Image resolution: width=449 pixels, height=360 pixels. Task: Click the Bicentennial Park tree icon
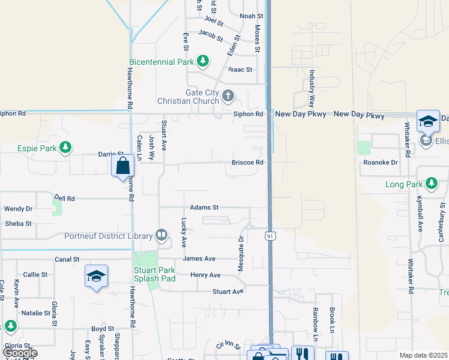[x=203, y=61]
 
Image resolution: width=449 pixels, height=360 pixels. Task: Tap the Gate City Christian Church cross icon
[x=228, y=95]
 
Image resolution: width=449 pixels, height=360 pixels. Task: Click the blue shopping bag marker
[x=122, y=165]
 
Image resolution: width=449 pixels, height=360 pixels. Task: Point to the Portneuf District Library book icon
[x=161, y=236]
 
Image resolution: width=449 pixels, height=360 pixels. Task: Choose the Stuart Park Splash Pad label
[x=154, y=274]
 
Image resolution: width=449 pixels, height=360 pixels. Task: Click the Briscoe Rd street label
[x=248, y=163]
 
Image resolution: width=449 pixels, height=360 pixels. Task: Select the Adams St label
[x=204, y=208]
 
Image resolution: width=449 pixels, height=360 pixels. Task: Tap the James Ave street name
[x=199, y=259]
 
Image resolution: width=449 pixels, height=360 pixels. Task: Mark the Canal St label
[x=67, y=260]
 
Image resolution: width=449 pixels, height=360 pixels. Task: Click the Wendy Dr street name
[x=19, y=209]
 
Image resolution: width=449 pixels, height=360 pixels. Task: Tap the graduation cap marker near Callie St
[x=96, y=277]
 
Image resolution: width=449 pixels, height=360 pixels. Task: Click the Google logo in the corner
[x=20, y=353]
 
